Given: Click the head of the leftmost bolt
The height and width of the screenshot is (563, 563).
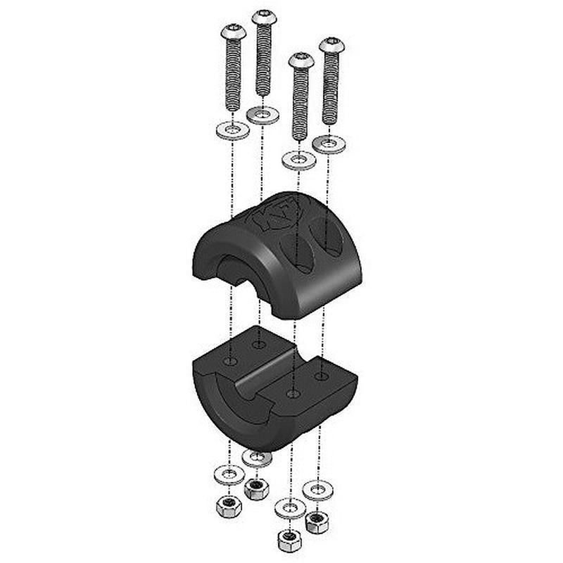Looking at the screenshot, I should tap(234, 32).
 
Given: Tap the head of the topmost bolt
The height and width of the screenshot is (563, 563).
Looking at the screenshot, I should tap(264, 17).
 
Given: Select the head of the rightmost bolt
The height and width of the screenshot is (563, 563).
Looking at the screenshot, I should tap(332, 46).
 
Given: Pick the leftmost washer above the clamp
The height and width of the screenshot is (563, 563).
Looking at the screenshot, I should tap(233, 130).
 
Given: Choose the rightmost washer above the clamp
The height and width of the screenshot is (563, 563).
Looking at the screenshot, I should tap(328, 144).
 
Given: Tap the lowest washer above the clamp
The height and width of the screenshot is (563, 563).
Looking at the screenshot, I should tap(299, 160).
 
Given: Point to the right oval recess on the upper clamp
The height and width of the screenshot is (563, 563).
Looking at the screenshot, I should tap(327, 237).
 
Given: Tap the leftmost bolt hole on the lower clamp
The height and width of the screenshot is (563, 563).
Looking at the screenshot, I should tap(230, 361).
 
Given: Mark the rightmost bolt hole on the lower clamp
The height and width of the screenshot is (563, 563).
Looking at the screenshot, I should tap(321, 376).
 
